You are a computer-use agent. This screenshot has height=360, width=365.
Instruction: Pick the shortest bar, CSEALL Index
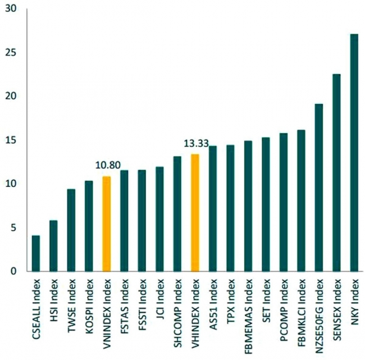coord(36,253)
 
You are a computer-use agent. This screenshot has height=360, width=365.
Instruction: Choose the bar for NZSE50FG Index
coord(318,188)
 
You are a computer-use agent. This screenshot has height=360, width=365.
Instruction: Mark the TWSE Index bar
coord(71,230)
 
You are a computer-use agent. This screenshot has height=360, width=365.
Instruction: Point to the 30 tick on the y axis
coord(8,8)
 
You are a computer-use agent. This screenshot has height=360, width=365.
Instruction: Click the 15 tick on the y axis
coord(8,140)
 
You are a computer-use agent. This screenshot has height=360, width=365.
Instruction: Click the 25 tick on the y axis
coord(8,52)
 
